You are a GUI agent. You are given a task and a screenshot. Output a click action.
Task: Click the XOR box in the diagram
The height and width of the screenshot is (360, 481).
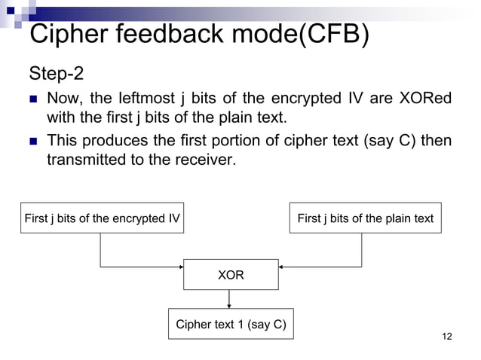(231, 276)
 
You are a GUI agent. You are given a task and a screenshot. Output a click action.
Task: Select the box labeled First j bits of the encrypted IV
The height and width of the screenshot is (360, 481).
(103, 218)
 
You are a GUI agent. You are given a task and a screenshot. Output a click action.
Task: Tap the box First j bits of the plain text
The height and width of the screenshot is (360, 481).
(366, 218)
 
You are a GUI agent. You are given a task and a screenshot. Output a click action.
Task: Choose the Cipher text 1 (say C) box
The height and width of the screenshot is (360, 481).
(230, 325)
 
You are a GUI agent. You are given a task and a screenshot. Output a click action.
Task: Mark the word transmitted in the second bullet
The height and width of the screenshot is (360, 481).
(87, 159)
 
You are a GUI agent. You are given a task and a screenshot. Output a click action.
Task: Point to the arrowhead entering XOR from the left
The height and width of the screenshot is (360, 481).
(180, 266)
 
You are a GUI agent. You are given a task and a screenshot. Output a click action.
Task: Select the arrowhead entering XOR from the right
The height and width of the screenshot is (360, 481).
(282, 266)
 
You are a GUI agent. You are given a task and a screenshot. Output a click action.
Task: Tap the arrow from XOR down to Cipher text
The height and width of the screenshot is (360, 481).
(228, 300)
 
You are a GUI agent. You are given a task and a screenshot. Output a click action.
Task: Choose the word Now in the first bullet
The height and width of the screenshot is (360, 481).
(63, 99)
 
